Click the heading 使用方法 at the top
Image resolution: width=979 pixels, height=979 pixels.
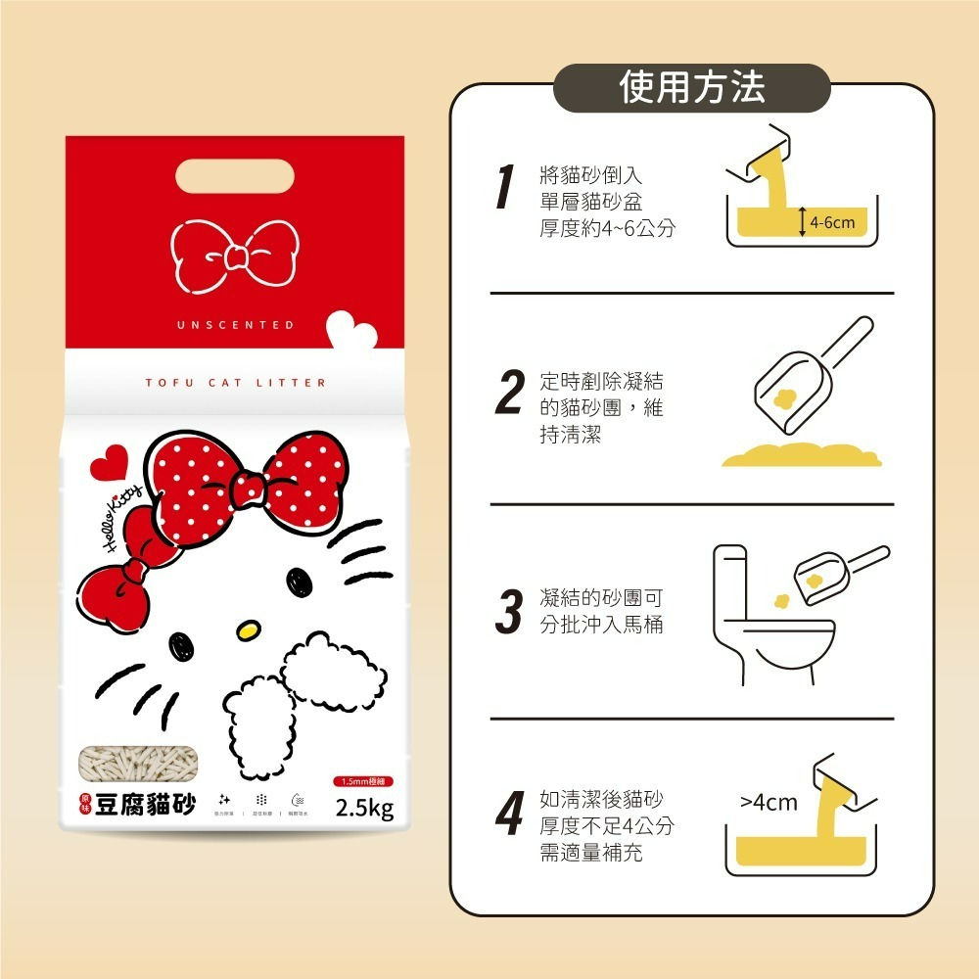pos(692,88)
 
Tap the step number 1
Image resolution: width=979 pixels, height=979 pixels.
pos(505,188)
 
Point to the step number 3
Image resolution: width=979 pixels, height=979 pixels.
pos(508,611)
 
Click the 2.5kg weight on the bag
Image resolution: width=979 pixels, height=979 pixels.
pos(364,809)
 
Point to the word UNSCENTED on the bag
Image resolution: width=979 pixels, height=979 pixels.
pos(235,325)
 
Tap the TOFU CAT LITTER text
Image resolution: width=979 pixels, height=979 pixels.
pos(235,383)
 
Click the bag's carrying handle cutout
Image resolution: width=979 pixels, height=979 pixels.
pos(235,178)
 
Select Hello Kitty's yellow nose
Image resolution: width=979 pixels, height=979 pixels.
pos(251,626)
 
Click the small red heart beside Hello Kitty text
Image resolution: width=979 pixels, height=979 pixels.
pos(108,461)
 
